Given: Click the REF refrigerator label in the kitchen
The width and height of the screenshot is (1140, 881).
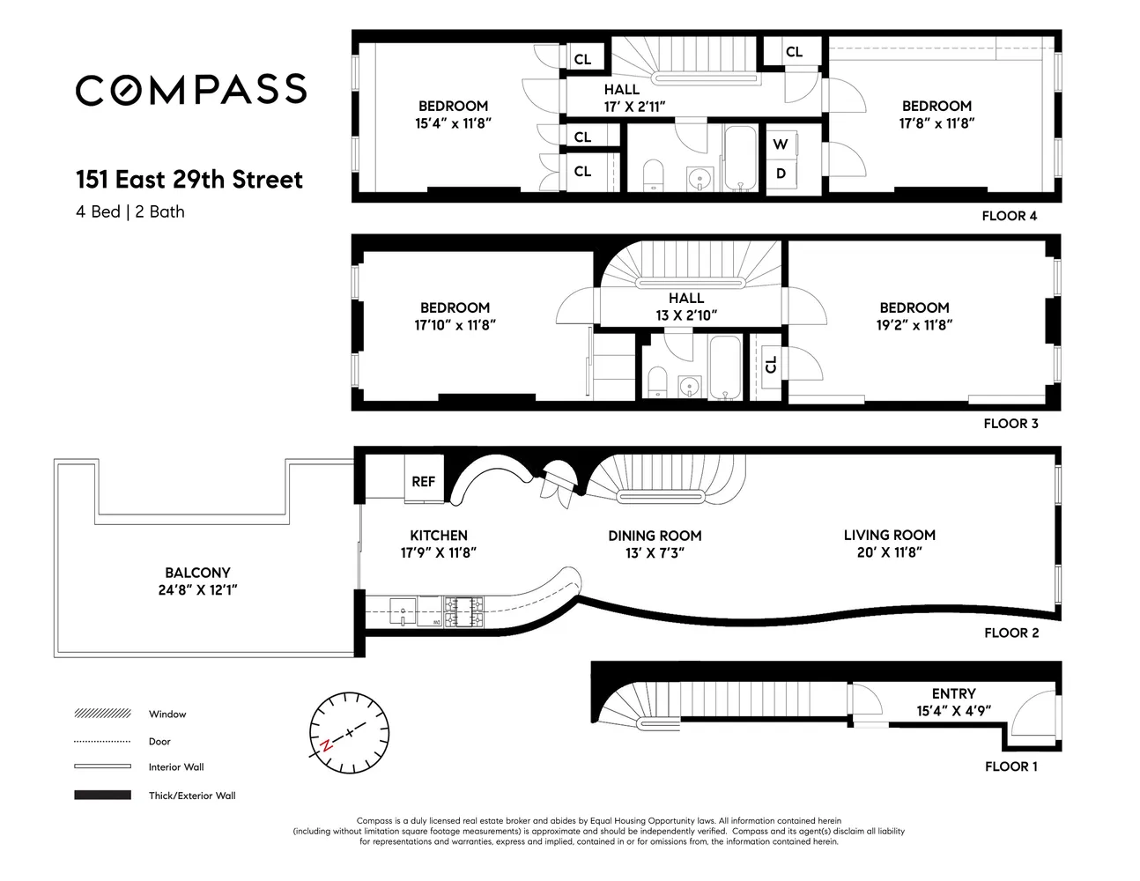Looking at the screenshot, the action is click(x=423, y=481).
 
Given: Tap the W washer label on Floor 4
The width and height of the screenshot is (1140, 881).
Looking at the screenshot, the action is click(x=780, y=144).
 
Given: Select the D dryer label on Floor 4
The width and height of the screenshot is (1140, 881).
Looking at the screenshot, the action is click(x=781, y=174).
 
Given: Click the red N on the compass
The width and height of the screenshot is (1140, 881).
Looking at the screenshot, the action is click(x=326, y=744).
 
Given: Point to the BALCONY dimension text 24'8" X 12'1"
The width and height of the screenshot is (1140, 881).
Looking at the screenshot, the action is click(x=197, y=590).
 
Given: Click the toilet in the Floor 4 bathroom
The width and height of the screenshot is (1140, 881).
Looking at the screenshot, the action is click(x=653, y=174).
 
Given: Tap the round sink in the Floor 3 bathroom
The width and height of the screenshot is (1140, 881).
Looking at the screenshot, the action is click(x=689, y=387).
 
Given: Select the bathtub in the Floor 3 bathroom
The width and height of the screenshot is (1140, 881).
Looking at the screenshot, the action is click(x=725, y=367).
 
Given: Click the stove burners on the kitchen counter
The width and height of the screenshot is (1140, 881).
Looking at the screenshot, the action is click(x=463, y=611).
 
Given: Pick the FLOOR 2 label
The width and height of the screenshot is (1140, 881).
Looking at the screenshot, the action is click(x=1011, y=633).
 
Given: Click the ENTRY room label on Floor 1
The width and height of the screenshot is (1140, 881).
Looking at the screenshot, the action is click(x=954, y=693).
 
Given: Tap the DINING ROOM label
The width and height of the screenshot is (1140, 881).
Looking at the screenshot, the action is click(x=655, y=536).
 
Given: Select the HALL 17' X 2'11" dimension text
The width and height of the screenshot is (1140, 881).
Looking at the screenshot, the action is click(x=635, y=107).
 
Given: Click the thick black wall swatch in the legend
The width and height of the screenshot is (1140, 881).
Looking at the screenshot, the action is click(x=103, y=795).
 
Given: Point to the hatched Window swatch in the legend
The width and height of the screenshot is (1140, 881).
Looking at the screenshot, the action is click(x=103, y=714).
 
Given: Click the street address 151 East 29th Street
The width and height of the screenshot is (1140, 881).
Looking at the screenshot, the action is click(x=189, y=180).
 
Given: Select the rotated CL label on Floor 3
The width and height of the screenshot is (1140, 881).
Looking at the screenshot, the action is click(x=770, y=365).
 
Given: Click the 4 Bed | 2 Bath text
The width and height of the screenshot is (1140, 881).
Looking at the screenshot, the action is click(x=130, y=211).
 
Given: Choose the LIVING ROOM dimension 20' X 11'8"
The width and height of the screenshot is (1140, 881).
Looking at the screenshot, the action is click(x=890, y=552).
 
